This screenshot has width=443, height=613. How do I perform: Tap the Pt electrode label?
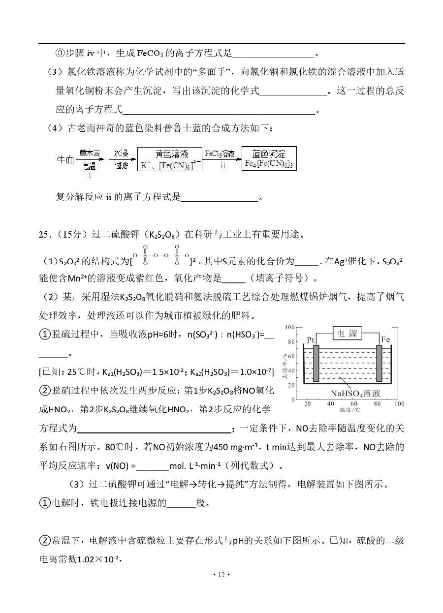pyautogui.click(x=311, y=340)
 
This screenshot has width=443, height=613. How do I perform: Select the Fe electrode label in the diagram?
pyautogui.click(x=385, y=339)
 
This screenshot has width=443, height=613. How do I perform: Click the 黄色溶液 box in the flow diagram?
pyautogui.click(x=171, y=158)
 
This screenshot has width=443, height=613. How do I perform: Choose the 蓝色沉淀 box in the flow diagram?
pyautogui.click(x=270, y=158)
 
